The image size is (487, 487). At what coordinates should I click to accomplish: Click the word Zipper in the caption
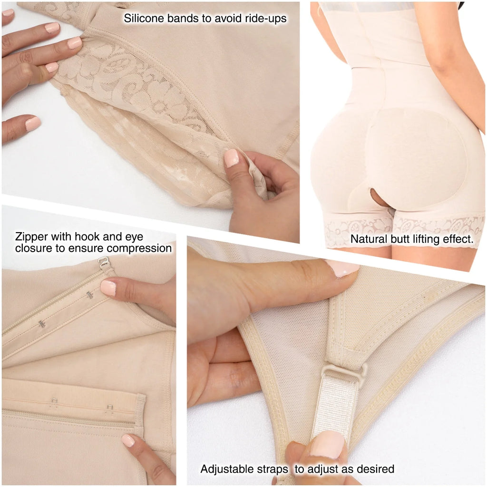coord(31,237)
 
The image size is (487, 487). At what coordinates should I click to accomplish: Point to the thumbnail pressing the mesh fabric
coord(342,268)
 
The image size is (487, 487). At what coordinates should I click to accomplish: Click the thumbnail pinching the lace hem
coord(232,158)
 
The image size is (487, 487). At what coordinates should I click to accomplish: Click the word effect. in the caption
coord(458,240)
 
